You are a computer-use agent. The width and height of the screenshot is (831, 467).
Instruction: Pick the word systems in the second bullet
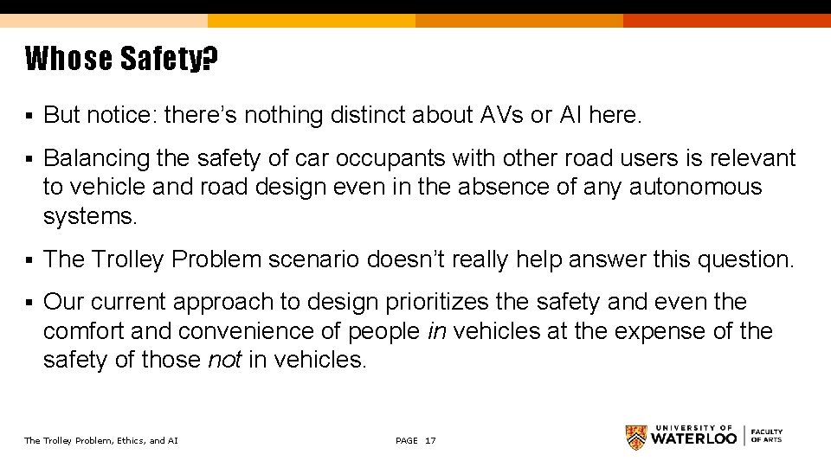pyautogui.click(x=89, y=216)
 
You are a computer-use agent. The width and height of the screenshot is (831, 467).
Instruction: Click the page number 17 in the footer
pyautogui.click(x=430, y=441)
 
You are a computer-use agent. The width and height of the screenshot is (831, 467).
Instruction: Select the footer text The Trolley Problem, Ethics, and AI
pyautogui.click(x=100, y=441)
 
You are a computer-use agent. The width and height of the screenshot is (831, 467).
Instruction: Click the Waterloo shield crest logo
pyautogui.click(x=635, y=437)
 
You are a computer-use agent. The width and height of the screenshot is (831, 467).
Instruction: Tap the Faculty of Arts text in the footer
pyautogui.click(x=766, y=436)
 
